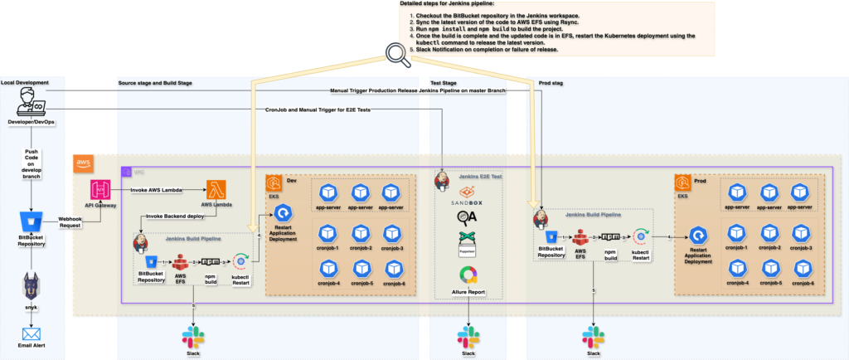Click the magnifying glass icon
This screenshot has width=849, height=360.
tap(395, 55)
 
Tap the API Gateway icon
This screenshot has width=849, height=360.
tap(101, 189)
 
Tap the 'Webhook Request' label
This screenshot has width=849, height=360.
tap(69, 222)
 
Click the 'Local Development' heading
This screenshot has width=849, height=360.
tap(25, 83)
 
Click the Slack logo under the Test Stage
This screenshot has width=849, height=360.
tap(468, 337)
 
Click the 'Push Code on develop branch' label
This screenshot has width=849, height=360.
tap(31, 163)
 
